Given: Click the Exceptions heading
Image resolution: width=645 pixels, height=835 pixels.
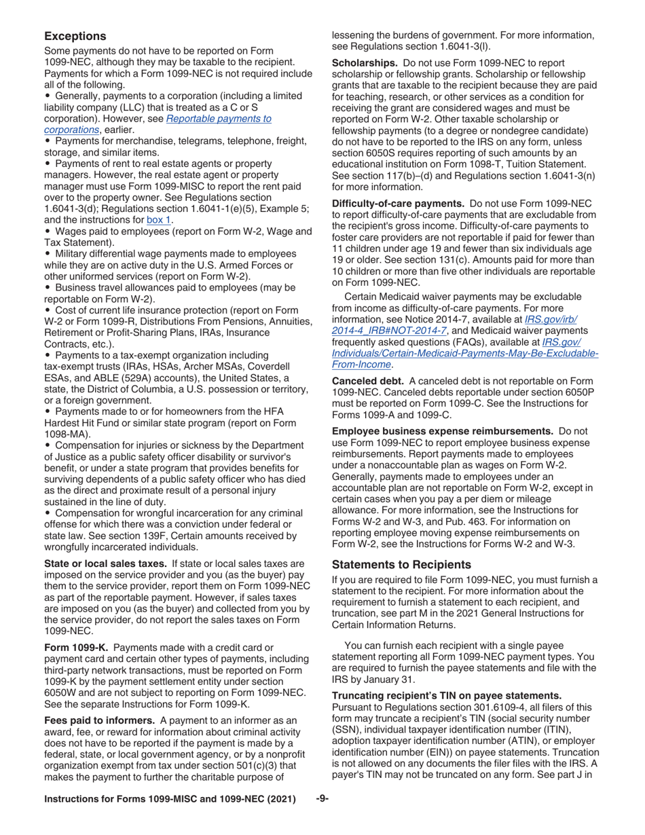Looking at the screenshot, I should click(75, 36).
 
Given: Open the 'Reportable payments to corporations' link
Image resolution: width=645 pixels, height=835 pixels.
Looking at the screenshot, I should click(157, 124).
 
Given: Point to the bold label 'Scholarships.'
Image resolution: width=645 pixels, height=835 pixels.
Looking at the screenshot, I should click(365, 63).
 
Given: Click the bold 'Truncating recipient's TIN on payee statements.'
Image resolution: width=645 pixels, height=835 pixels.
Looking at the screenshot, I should click(446, 695).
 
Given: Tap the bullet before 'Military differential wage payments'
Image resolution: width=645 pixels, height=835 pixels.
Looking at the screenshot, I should click(48, 254).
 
